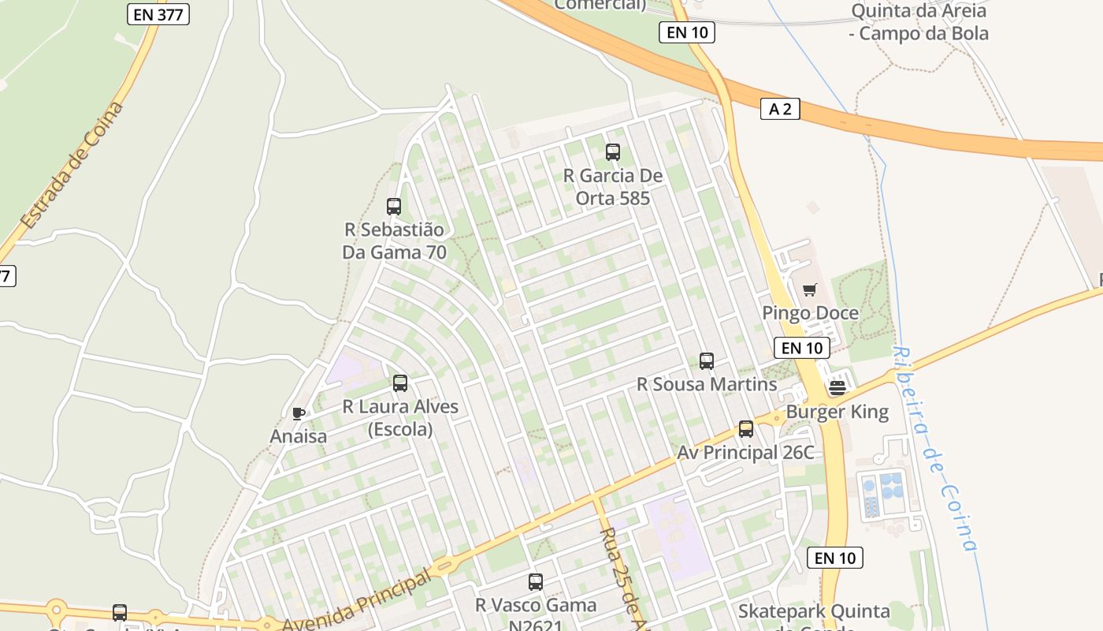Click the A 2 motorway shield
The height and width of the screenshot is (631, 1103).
click(x=780, y=110)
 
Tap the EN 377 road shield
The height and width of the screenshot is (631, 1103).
click(x=158, y=13)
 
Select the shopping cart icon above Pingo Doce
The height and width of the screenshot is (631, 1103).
click(x=809, y=290)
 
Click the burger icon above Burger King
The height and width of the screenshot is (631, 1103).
click(x=837, y=387)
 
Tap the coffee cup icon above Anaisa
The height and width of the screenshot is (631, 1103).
click(x=298, y=413)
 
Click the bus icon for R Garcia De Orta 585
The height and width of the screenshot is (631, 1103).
click(x=612, y=152)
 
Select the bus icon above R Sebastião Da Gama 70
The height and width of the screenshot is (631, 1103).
click(x=394, y=207)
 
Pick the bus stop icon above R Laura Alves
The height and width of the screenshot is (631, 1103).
click(x=400, y=383)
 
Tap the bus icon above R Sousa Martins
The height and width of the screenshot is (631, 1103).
click(x=707, y=361)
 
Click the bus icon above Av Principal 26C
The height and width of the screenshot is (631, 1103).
click(x=745, y=429)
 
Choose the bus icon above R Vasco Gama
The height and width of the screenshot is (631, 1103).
click(x=536, y=582)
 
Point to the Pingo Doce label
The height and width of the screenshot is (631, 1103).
click(x=810, y=313)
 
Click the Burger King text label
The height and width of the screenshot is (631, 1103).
click(x=837, y=412)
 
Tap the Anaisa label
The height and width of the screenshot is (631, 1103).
click(x=298, y=436)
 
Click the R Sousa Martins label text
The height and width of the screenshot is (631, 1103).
click(x=707, y=385)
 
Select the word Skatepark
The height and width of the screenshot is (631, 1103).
click(x=777, y=611)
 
